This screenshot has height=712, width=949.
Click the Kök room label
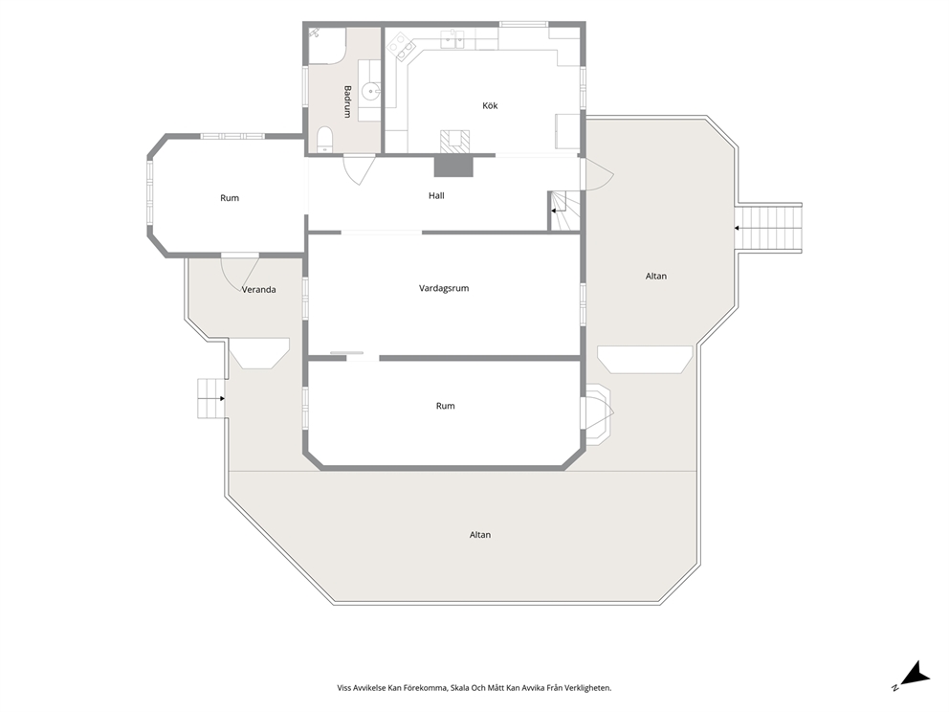coord(490,105)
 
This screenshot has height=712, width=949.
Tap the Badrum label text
coord(347,101)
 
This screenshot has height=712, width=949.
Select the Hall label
coord(436,195)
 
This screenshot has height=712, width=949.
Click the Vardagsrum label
coord(444,288)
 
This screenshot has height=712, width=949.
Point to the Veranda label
coord(259,289)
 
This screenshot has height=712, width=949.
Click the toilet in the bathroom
coord(325,140)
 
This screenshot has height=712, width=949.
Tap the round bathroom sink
coord(370,92)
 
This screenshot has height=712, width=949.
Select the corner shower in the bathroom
coord(327,45)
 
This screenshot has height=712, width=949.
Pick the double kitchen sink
coord(453,40)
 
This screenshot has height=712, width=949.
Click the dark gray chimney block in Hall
coord(453,166)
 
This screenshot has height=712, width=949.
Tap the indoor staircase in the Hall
coord(564,211)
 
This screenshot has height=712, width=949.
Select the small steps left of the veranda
coord(211,398)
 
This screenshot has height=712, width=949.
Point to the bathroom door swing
coord(359,169)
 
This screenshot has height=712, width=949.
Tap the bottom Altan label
coord(480,535)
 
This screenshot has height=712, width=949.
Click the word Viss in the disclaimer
coord(343,688)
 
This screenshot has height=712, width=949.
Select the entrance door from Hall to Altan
coord(597,174)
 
